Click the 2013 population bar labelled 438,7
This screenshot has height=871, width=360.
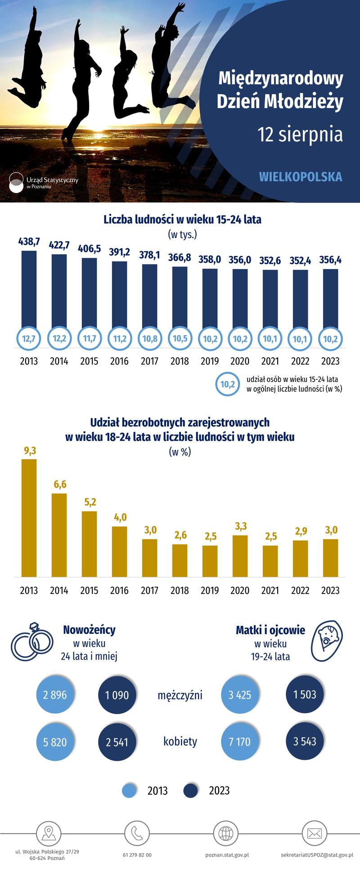point(29,288)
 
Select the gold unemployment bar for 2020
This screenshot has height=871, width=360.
point(240,556)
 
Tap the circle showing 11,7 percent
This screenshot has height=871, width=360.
point(89,338)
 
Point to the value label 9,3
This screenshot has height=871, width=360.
point(29,450)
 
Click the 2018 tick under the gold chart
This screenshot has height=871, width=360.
point(180,590)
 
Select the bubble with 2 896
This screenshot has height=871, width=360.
point(55,695)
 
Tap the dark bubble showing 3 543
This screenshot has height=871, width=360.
point(305,741)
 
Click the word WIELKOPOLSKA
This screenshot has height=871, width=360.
point(301,177)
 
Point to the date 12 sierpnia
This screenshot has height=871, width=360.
point(300,135)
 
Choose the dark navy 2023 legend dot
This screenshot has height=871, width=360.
point(191,790)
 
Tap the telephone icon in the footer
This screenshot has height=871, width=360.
point(137,833)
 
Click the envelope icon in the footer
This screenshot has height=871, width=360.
point(315,833)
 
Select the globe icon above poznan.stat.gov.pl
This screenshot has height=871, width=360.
point(225,833)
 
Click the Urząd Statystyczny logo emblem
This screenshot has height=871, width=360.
point(16,183)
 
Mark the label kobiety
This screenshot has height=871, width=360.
point(180,741)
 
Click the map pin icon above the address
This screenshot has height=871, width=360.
point(48,833)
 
